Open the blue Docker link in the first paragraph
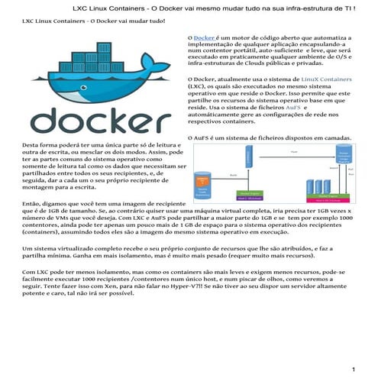(x=204, y=37)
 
